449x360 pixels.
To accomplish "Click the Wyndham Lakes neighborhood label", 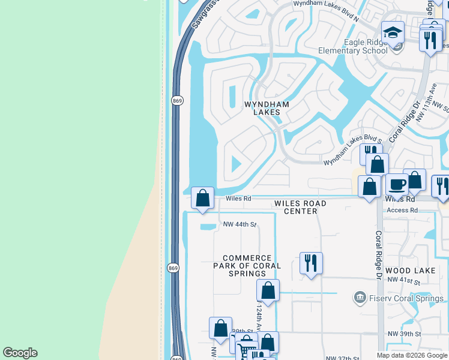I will pos(266,108).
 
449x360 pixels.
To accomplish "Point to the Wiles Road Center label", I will pos(300,207).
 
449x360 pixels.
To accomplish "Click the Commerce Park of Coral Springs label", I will pos(247,265).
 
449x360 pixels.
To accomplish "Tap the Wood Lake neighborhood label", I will pos(411,271).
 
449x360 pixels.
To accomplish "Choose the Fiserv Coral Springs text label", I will pos(402,297).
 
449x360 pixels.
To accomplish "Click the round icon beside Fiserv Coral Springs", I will pos(360,297).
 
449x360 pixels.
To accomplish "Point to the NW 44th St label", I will pos(240,224).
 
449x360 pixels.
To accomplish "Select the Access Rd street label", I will pos(402,210).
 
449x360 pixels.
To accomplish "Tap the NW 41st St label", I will pos(402,280).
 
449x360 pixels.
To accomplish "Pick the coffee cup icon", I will pos(397,184).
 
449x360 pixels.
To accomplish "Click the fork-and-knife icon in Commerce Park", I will pos(311,263).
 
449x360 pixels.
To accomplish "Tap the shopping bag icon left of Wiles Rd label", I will pos(203,197).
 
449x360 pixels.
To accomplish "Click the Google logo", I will pos(20,353).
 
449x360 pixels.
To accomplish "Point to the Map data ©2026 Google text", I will pos(412,355).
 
